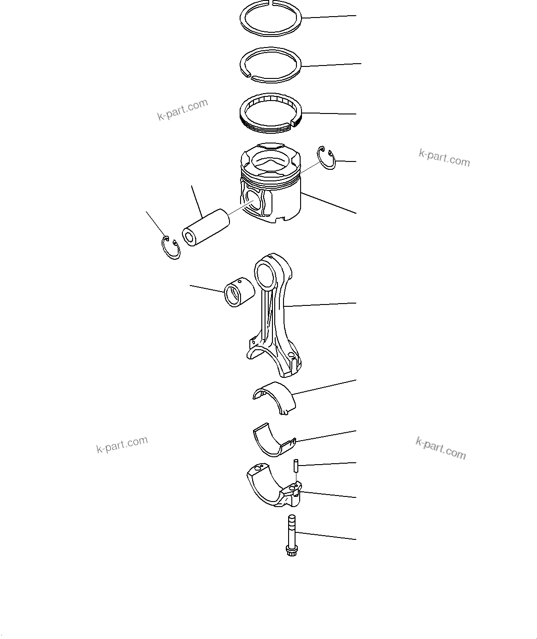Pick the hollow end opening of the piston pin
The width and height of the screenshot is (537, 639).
tap(189, 238)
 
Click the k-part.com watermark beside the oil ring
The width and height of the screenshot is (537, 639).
tap(183, 110)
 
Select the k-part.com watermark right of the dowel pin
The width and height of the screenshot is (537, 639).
tap(440, 448)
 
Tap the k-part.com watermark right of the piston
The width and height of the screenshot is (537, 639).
tap(444, 158)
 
